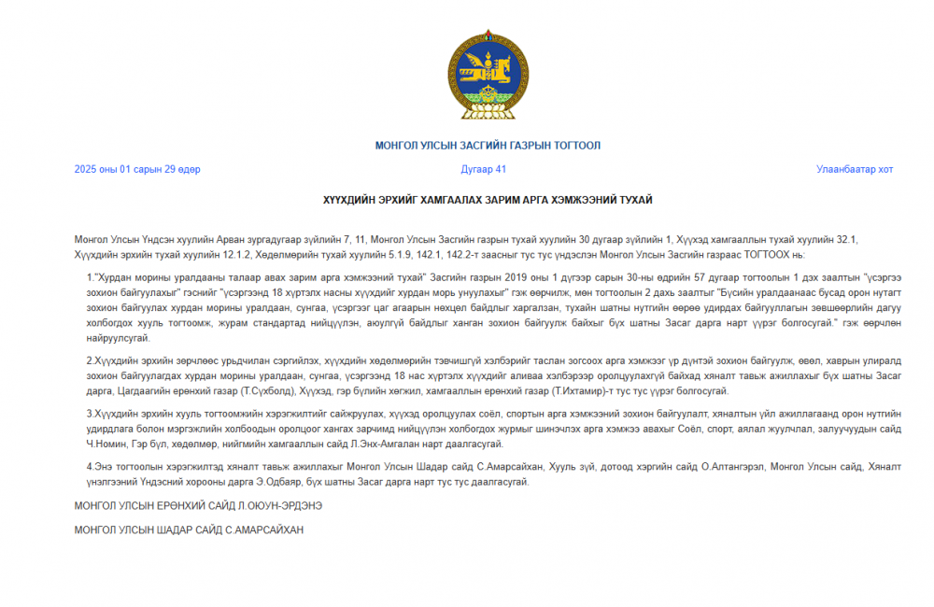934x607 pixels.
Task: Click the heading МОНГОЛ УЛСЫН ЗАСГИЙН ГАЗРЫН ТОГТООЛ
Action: click(x=488, y=146)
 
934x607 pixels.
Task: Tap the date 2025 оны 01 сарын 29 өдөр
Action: click(x=137, y=169)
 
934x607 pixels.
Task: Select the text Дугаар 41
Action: click(x=484, y=169)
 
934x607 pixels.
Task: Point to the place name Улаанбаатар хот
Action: click(x=854, y=169)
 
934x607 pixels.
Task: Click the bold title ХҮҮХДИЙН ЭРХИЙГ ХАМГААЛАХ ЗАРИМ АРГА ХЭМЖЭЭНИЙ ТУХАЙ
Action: click(x=488, y=200)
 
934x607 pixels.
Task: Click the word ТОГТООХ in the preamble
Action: click(x=760, y=255)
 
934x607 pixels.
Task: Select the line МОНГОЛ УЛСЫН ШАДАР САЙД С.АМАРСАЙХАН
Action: click(x=189, y=529)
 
